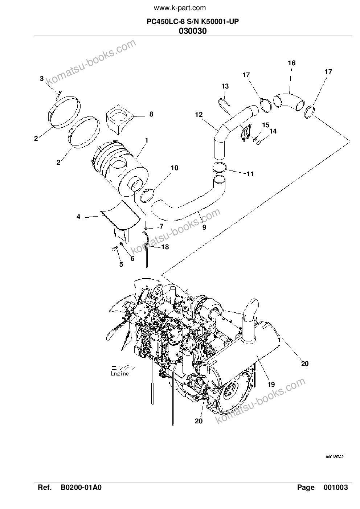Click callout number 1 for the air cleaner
click(x=146, y=140)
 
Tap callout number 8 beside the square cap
click(x=151, y=114)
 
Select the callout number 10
click(x=175, y=168)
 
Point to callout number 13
click(x=225, y=86)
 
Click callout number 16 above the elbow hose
click(x=291, y=63)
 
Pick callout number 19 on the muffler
click(x=271, y=385)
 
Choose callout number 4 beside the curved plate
click(x=78, y=217)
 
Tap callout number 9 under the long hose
click(x=204, y=227)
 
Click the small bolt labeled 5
click(x=114, y=249)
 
